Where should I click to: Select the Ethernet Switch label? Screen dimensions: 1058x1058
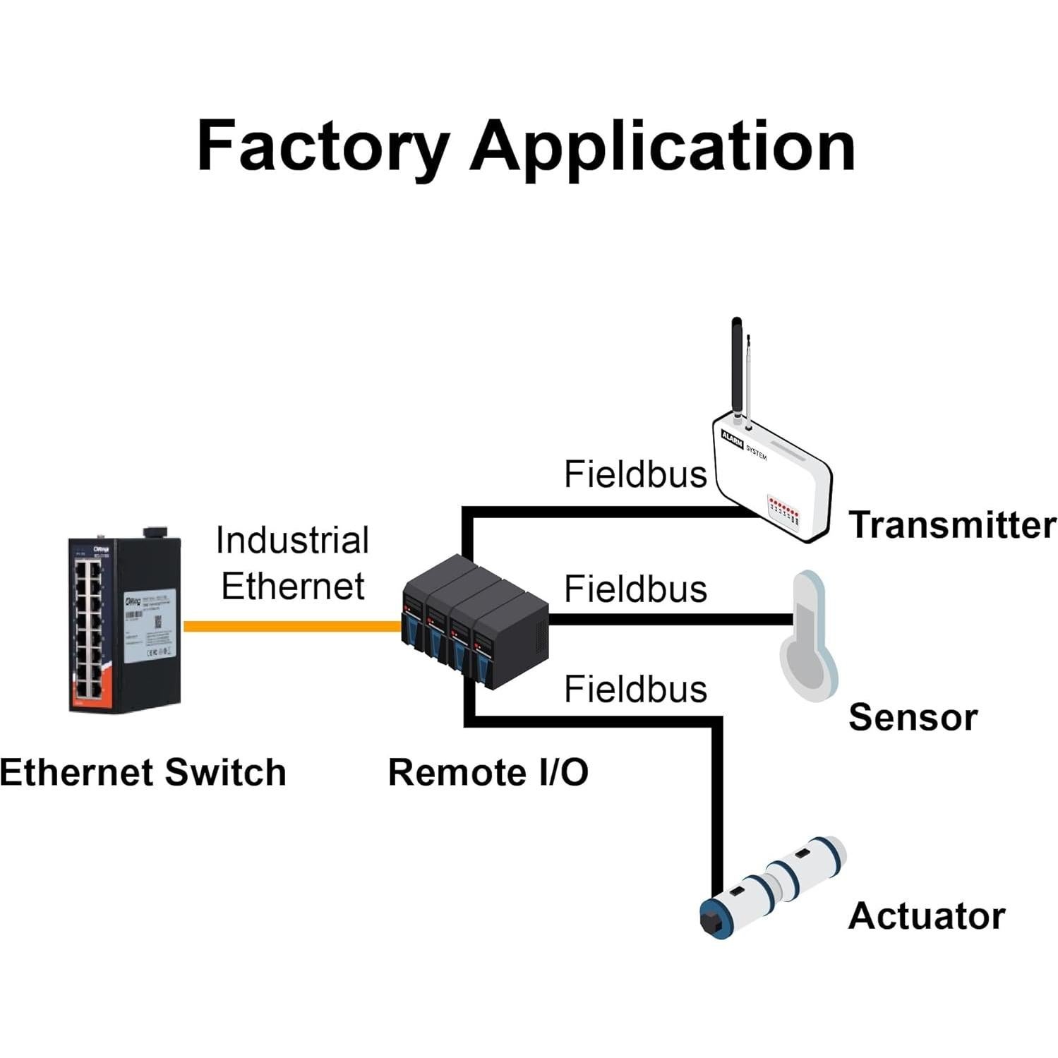143,772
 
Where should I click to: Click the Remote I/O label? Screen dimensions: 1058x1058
488,772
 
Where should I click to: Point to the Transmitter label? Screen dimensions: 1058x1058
951,525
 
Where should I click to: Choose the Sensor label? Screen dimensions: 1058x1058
912,718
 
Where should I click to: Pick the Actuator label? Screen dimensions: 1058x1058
926,916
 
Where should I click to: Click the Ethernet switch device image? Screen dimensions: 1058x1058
124,624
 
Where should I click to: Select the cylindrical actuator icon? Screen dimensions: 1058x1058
773,886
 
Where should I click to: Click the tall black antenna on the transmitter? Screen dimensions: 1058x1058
736,367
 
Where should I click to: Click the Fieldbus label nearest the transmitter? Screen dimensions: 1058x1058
635,474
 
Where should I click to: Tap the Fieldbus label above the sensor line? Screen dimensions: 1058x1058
635,589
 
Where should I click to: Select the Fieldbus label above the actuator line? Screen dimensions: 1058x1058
635,689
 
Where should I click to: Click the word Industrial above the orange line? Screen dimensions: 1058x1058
292,541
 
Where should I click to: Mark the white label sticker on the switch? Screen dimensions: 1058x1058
149,627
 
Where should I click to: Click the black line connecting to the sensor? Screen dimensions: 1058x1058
671,620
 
